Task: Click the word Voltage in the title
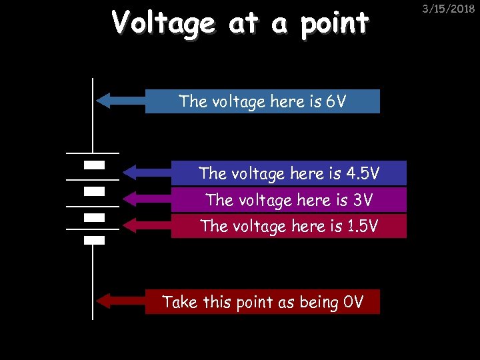[x=163, y=24]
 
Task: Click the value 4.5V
[x=364, y=173]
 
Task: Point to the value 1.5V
[x=363, y=227]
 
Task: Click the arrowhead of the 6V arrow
[x=103, y=101]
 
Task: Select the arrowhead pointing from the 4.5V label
[x=129, y=173]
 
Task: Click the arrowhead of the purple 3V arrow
[x=129, y=199]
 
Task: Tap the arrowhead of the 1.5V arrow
[x=129, y=225]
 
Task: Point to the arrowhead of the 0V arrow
[x=103, y=301]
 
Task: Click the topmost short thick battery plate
[x=94, y=164]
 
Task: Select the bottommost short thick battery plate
[x=94, y=240]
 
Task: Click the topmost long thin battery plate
[x=93, y=153]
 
